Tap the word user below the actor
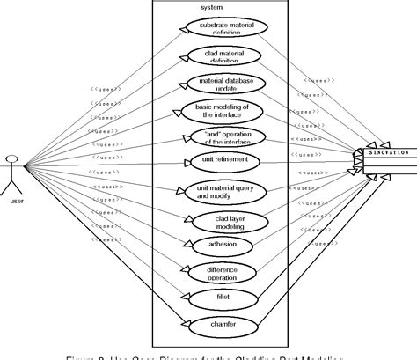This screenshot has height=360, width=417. pyautogui.click(x=14, y=202)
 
